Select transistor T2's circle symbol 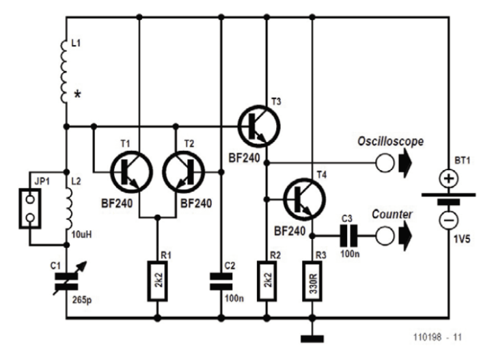coord(183,172)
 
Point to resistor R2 coord(267,281)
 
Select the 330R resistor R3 coord(312,281)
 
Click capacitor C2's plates coord(221,278)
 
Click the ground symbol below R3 coord(312,337)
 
